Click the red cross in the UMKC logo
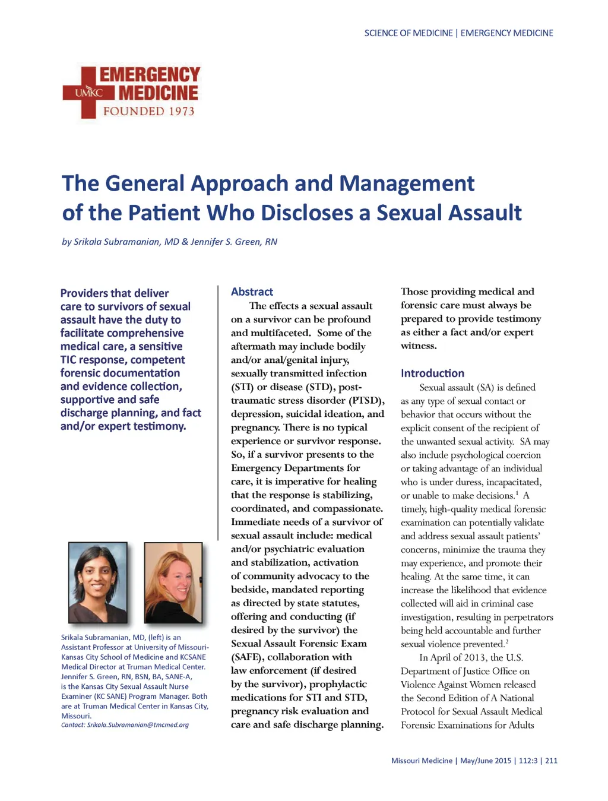[88, 93]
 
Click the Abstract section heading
[252, 292]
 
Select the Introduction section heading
[432, 373]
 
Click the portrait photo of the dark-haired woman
[98, 582]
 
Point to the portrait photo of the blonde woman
[173, 582]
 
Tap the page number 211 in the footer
[551, 761]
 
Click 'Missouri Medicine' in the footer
[422, 761]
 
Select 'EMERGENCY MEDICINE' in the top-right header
[506, 33]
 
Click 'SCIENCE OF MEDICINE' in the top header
[408, 33]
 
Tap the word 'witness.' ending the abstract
[419, 346]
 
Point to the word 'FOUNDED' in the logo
[134, 111]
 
